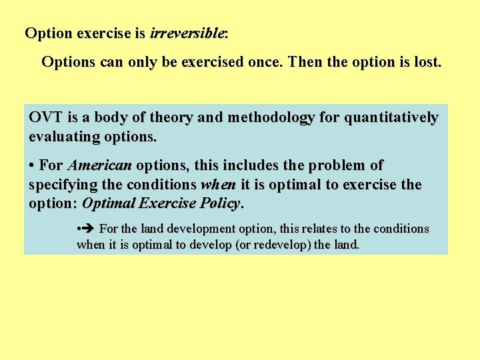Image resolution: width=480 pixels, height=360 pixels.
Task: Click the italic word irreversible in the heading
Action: pos(188,33)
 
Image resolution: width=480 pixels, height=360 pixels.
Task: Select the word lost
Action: pos(427,63)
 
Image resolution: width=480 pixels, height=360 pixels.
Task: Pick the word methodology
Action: pos(267,118)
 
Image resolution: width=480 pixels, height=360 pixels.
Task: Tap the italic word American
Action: pos(100,165)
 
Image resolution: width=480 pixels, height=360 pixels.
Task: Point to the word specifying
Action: pos(62,184)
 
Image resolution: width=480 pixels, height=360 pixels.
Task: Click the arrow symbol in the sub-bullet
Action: pos(89,229)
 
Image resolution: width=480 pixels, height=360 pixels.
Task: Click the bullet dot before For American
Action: pos(32,165)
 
